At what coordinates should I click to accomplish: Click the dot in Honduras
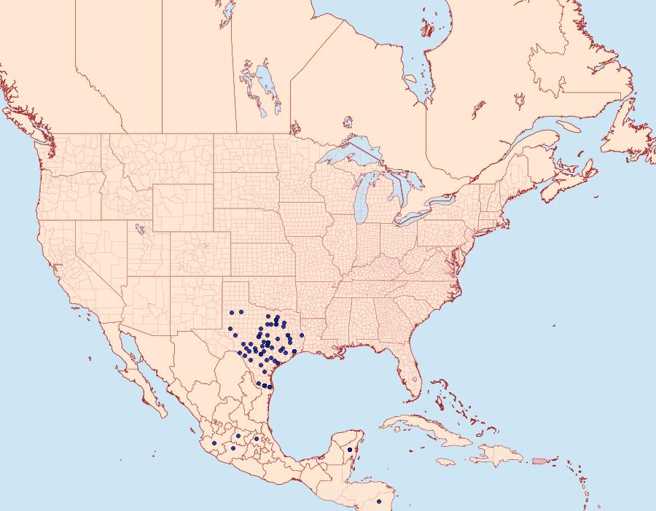(379, 502)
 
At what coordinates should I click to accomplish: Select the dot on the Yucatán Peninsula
(350, 450)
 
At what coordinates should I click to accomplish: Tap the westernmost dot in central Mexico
(214, 442)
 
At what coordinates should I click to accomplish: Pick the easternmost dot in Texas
(301, 335)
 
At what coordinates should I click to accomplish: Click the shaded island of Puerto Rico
(540, 460)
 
